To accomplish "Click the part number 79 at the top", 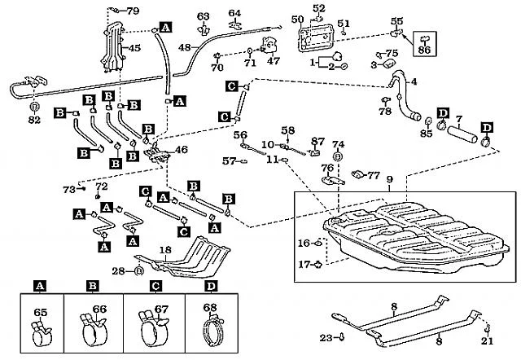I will click(134, 11).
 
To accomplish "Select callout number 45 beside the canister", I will click(134, 48).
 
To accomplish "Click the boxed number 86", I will click(423, 50).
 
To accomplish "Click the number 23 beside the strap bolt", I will click(326, 336).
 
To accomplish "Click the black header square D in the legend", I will click(212, 286).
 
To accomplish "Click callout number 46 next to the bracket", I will click(181, 150).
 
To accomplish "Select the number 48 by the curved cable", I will click(185, 48).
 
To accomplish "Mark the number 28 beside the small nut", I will click(117, 270).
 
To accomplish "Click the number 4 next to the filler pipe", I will click(414, 81).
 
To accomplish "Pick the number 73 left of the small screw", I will click(69, 189).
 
